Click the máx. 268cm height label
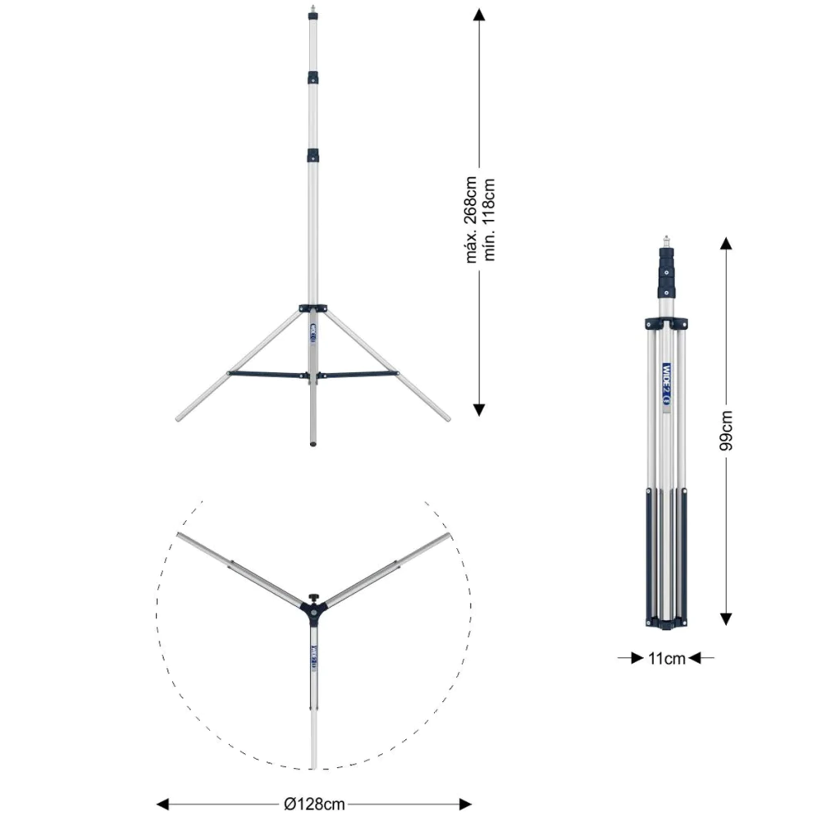point(471,220)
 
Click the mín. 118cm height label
point(489,220)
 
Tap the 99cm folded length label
point(726,430)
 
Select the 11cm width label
point(666,659)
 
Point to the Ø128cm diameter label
point(314,804)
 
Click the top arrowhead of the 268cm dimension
point(479,15)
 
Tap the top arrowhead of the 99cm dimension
point(726,244)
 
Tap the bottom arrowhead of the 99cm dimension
point(726,619)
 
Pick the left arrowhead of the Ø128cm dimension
point(163,804)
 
